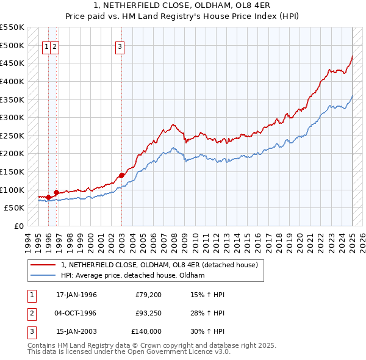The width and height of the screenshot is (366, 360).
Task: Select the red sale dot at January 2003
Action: point(121,175)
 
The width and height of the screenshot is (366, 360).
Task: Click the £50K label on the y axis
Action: point(14,208)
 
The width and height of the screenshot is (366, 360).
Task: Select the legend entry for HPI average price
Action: point(132,275)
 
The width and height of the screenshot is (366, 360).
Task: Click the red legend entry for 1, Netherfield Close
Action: point(160,265)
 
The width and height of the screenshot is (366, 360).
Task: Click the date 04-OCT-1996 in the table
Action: point(76,313)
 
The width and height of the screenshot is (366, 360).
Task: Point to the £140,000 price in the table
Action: point(146,331)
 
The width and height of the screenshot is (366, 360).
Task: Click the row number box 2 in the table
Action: point(32,313)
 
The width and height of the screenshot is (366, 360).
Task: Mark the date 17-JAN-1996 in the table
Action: point(76,295)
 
